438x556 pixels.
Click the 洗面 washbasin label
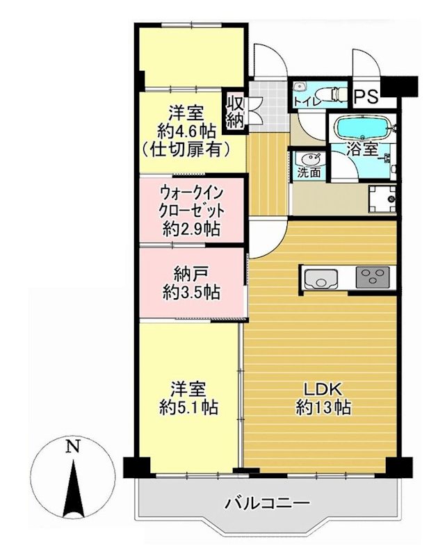[309, 173]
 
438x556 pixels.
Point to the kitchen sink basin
[321, 281]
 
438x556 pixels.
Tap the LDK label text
[321, 389]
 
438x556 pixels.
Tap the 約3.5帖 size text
[192, 293]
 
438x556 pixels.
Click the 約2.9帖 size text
[192, 227]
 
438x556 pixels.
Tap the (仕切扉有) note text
[185, 148]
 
